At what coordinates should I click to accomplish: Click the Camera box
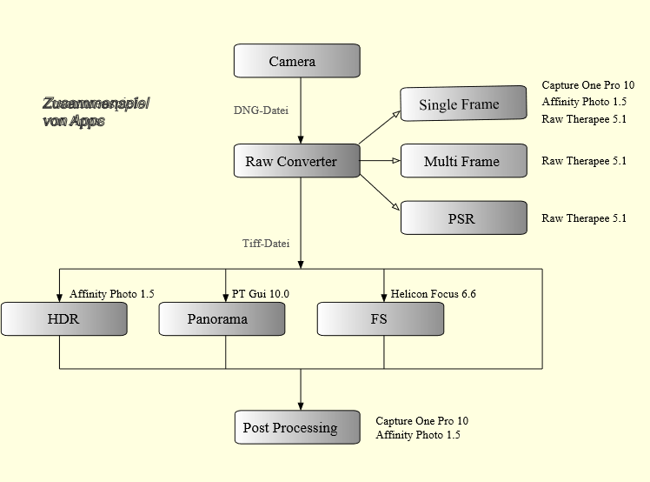point(296,61)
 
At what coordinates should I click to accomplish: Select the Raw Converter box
point(296,161)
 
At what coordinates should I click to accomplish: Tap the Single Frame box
point(463,104)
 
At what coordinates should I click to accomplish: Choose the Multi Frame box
point(463,161)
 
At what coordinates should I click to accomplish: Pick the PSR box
point(463,218)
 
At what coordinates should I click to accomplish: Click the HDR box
point(63,319)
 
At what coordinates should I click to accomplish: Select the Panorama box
point(222,319)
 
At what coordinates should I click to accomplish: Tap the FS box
point(380,319)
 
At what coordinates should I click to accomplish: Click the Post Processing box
point(296,427)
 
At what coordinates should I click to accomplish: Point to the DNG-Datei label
point(261,111)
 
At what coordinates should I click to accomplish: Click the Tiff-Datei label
point(266,244)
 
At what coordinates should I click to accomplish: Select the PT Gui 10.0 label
point(261,294)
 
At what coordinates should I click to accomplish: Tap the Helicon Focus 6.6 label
point(433,294)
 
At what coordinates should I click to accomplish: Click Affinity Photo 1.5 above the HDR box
point(112,294)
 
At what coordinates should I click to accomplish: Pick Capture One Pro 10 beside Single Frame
point(587,85)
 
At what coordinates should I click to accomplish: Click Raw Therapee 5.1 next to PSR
point(584,218)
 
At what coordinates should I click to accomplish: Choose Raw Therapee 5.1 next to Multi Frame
point(584,161)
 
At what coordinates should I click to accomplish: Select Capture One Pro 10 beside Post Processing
point(421,421)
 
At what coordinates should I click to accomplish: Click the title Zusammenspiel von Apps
point(96,112)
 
